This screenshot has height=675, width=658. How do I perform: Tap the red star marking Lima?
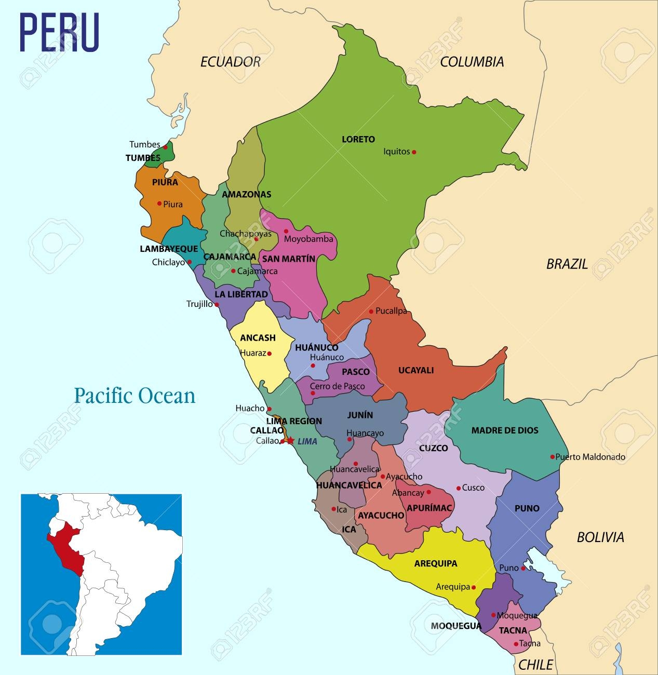(290, 441)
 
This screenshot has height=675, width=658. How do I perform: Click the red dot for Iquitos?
(414, 152)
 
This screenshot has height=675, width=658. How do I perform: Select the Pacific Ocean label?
(135, 396)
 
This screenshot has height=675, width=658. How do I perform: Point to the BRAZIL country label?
(567, 264)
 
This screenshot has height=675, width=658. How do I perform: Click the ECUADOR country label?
(230, 62)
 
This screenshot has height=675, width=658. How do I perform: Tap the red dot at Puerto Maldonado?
(552, 457)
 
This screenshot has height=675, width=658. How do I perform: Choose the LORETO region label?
(358, 139)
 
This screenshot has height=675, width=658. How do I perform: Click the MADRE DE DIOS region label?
(504, 430)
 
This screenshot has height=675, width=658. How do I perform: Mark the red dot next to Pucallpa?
(371, 312)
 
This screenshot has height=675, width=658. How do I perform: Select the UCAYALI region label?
(415, 370)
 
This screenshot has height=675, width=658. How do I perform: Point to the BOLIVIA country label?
(600, 537)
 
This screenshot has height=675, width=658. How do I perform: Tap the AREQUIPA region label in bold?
(435, 563)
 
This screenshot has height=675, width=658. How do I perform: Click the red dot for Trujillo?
(217, 304)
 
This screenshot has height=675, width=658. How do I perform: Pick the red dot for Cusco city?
(458, 488)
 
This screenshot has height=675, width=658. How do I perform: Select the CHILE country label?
(535, 664)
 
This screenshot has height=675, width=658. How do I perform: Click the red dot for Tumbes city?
(165, 147)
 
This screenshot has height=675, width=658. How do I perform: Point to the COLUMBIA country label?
(472, 62)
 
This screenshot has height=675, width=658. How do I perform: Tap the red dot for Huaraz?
(270, 354)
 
